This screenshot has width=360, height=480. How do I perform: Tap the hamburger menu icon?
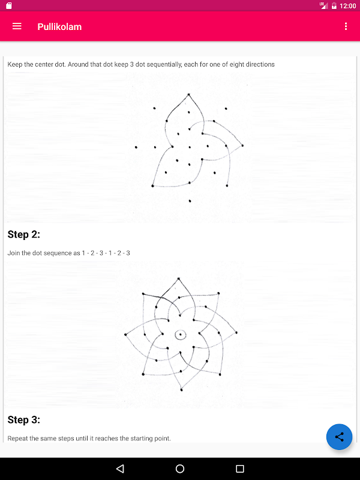17,26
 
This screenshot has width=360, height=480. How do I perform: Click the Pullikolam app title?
59,26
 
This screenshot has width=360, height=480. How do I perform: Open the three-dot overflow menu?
346,26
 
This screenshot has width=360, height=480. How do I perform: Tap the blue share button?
340,437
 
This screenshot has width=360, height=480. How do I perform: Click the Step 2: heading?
24,235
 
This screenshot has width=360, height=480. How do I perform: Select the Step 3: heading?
24,419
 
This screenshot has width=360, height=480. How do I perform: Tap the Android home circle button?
180,469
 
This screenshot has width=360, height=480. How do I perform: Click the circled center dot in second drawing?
180,334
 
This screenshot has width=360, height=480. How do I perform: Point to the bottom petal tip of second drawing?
181,390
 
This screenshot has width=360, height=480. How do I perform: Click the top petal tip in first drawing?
190,94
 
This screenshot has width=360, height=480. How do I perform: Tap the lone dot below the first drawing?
190,201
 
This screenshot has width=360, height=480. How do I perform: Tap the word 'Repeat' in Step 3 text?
18,439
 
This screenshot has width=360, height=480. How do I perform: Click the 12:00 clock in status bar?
347,5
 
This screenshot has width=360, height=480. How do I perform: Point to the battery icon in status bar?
334,5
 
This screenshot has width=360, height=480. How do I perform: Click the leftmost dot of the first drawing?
136,147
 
